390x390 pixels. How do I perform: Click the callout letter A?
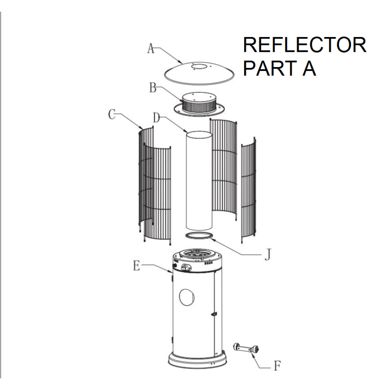[151, 48]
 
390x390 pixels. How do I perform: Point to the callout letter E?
[136, 266]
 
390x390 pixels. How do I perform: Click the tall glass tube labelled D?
[199, 179]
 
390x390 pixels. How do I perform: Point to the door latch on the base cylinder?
[214, 314]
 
